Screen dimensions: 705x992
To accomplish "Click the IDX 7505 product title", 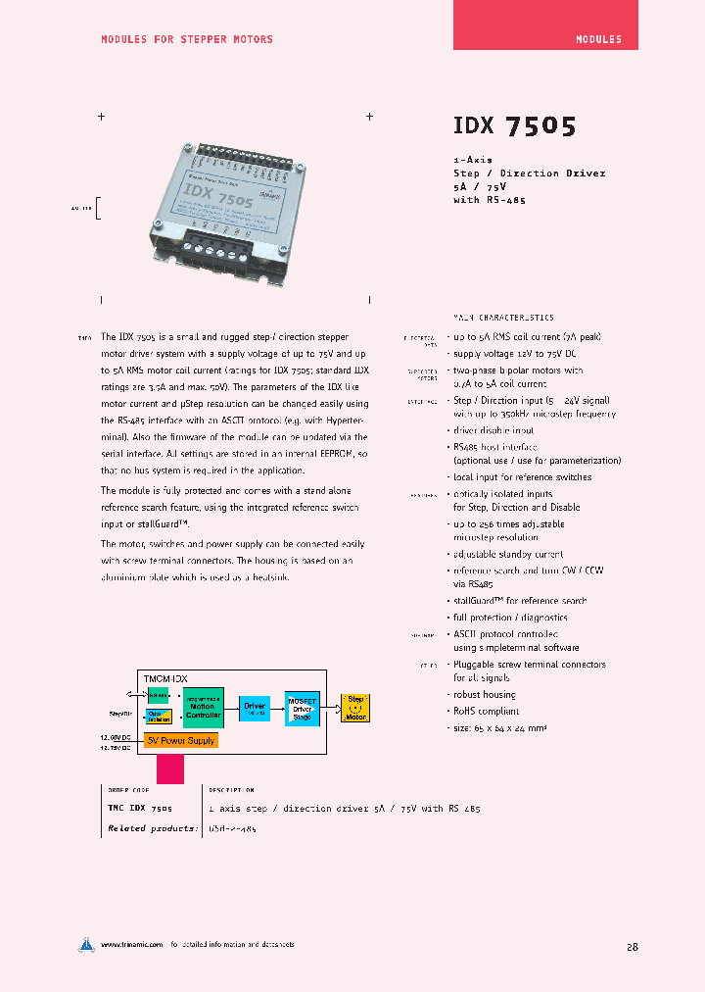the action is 514,126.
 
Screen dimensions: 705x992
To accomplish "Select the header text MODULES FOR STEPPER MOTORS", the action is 187,39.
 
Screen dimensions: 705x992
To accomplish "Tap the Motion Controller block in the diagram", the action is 203,708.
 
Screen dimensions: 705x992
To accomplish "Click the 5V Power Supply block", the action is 180,740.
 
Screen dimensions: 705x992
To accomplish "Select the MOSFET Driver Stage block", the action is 302,708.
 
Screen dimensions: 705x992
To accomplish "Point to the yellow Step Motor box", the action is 355,707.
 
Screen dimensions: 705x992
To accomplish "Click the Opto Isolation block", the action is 159,717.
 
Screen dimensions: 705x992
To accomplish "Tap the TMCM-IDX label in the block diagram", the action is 165,678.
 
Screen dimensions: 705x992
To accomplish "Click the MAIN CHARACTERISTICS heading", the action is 503,318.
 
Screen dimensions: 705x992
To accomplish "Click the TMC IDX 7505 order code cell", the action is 139,809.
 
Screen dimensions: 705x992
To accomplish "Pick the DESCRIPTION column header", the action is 231,790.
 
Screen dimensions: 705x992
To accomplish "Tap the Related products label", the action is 140,828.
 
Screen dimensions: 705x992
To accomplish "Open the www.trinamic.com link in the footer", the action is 130,945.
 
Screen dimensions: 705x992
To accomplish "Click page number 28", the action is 632,947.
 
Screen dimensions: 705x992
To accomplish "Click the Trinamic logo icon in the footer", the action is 87,945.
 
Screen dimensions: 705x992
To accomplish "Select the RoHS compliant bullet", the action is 485,712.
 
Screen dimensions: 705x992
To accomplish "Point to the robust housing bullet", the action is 484,695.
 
